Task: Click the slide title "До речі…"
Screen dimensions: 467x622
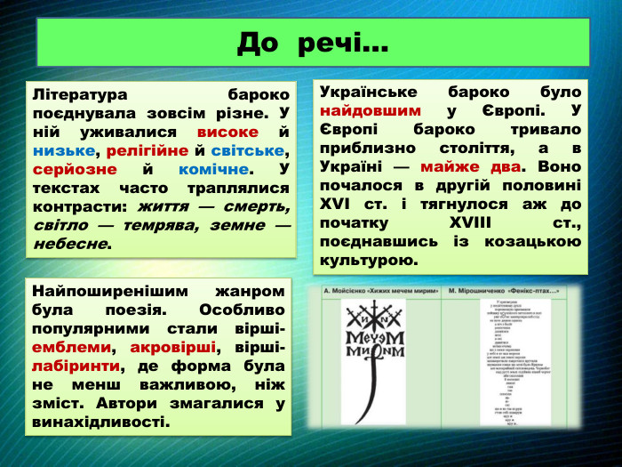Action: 312,42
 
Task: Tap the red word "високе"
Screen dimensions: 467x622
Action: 228,132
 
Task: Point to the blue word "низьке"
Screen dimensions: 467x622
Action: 63,150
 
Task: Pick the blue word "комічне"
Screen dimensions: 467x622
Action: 213,169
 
